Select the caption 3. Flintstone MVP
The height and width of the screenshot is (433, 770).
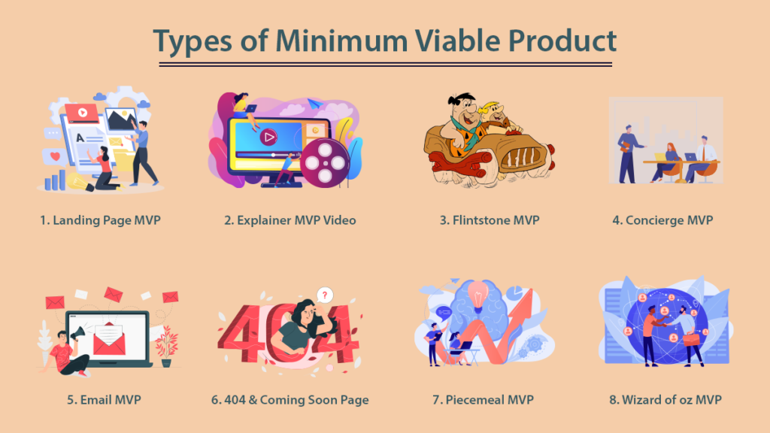tap(490, 220)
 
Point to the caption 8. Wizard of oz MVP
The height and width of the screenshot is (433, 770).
tap(665, 399)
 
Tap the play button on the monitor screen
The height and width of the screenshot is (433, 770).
tap(268, 137)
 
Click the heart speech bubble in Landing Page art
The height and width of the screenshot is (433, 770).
tap(54, 157)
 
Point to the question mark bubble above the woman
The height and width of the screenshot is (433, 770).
tap(324, 295)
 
